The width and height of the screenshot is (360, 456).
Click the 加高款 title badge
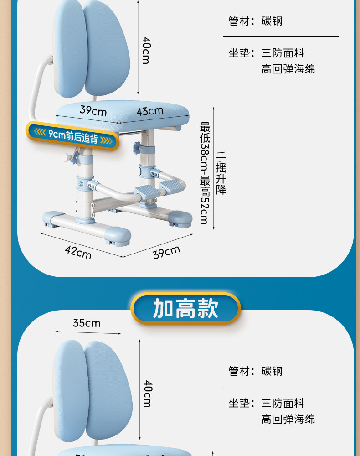tap(185, 309)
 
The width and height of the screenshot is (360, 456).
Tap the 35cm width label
tap(87, 323)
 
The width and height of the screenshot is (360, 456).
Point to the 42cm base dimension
tap(77, 252)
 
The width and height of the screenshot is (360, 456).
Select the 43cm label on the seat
tap(149, 111)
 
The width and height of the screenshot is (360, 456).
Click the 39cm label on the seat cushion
tap(93, 110)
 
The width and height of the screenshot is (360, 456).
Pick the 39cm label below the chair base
tap(166, 252)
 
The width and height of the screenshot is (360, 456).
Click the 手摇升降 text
tap(221, 173)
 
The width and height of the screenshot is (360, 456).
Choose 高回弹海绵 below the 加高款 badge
tap(288, 419)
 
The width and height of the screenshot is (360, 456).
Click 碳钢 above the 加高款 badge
tap(272, 21)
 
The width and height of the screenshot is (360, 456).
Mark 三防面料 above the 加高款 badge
tap(283, 53)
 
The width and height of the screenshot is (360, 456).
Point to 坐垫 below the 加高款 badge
tap(238, 403)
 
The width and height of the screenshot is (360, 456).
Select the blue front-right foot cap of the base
tap(118, 236)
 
